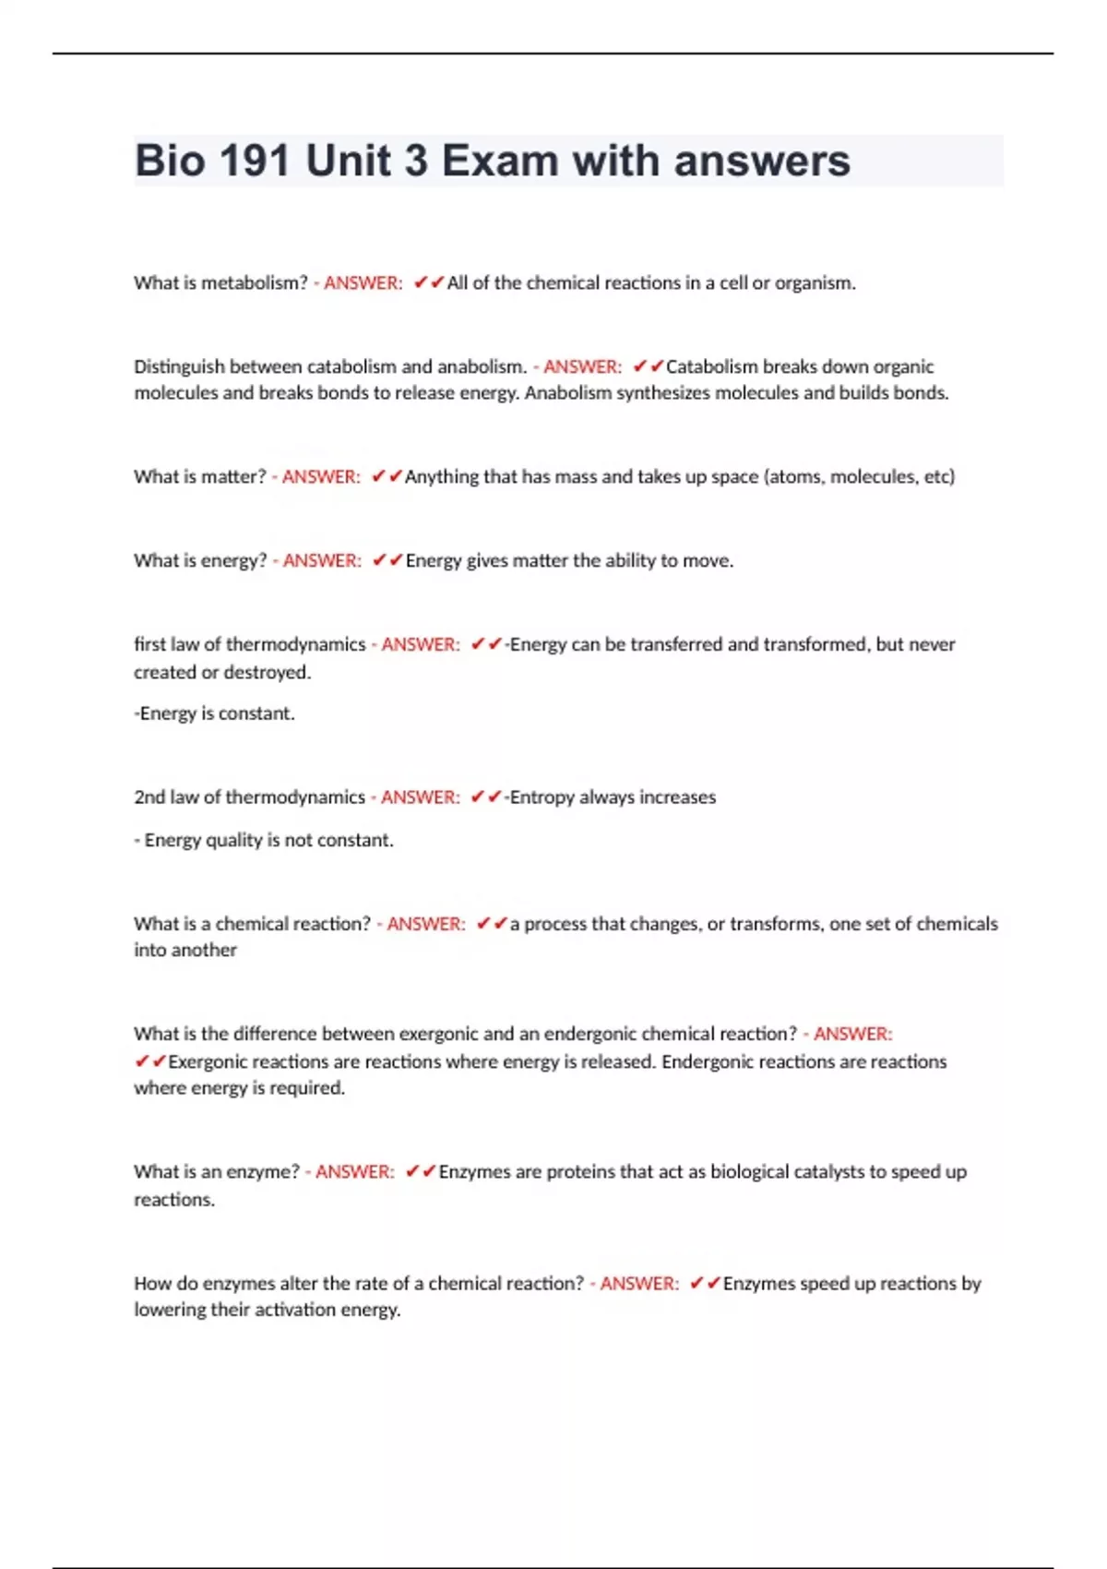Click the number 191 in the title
click(x=255, y=161)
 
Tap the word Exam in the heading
click(x=499, y=161)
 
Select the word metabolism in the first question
click(x=250, y=282)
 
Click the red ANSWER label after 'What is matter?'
click(x=320, y=476)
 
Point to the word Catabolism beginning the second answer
click(x=711, y=366)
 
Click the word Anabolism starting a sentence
click(x=567, y=392)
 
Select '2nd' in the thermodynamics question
click(x=149, y=796)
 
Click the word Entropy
click(x=542, y=796)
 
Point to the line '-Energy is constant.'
click(x=214, y=713)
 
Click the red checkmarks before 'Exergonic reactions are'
click(x=149, y=1061)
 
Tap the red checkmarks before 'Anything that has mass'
click(x=387, y=476)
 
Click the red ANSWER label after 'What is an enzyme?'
click(x=354, y=1171)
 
